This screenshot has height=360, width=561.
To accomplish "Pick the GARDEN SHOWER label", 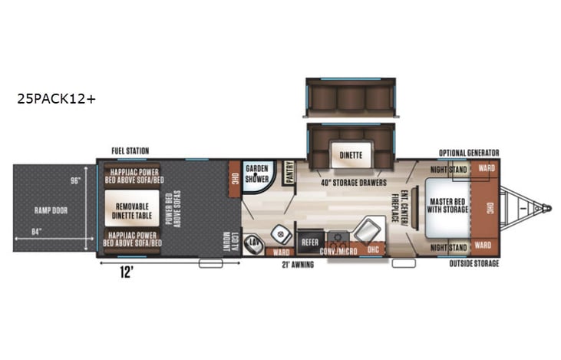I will click(257, 173).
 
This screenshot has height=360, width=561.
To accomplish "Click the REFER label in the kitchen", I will click(309, 241).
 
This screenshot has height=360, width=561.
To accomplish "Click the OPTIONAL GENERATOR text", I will click(468, 152).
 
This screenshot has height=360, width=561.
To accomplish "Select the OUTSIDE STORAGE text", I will click(474, 264).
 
